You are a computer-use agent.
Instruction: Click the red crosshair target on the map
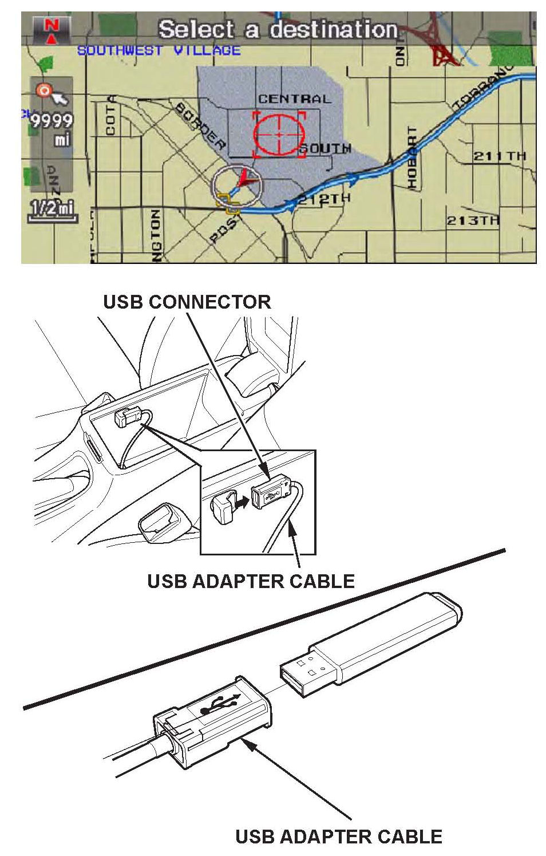(279, 134)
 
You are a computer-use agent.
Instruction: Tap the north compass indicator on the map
(52, 30)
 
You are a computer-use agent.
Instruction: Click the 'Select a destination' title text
(278, 29)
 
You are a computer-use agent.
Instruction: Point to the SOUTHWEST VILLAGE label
(159, 50)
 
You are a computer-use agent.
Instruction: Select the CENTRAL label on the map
(294, 98)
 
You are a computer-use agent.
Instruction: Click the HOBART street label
(412, 157)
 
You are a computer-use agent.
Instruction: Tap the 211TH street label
(499, 156)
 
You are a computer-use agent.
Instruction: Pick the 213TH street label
(473, 220)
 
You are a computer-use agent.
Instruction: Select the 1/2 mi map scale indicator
(52, 208)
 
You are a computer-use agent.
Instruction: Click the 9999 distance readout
(52, 121)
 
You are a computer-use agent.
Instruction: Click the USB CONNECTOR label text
(187, 302)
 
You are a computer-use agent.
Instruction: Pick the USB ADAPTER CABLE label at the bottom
(338, 836)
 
